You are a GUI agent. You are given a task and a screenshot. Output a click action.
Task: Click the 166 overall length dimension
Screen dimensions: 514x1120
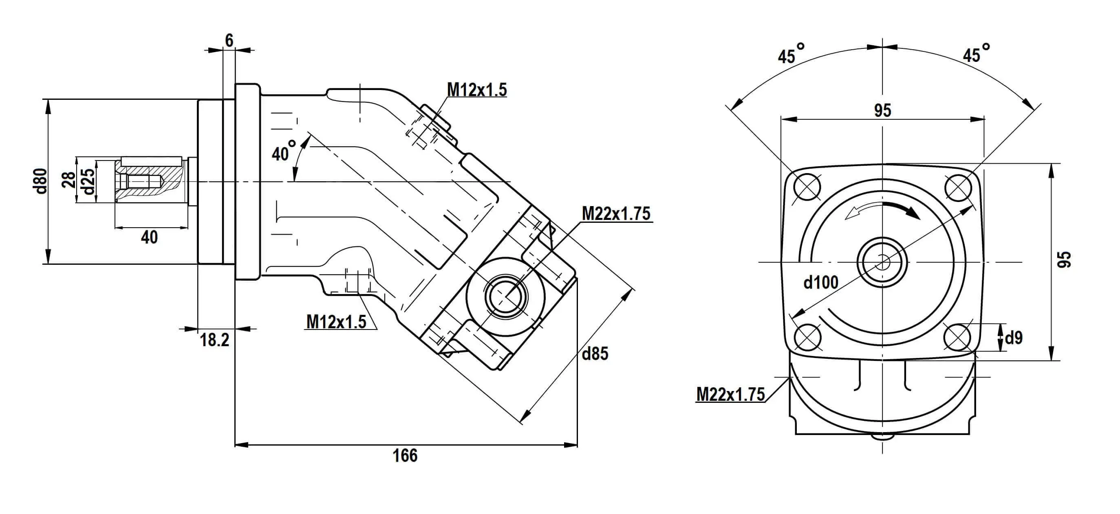pyautogui.click(x=405, y=456)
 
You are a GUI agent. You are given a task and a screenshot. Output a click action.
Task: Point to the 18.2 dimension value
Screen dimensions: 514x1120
pyautogui.click(x=214, y=340)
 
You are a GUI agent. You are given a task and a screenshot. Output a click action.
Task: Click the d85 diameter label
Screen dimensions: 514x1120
pyautogui.click(x=595, y=354)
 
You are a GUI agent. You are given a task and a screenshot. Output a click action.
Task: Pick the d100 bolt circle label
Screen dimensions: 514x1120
pyautogui.click(x=820, y=283)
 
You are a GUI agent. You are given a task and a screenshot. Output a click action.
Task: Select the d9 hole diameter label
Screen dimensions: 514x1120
pyautogui.click(x=1014, y=338)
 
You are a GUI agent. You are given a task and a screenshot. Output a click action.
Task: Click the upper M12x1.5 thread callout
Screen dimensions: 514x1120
pyautogui.click(x=476, y=90)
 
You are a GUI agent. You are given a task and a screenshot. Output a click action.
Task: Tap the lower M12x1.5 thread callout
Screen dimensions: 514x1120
pyautogui.click(x=336, y=322)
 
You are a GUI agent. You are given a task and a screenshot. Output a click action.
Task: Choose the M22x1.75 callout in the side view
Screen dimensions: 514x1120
pyautogui.click(x=616, y=214)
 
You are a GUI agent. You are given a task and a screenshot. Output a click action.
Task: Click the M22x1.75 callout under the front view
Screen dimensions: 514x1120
pyautogui.click(x=730, y=395)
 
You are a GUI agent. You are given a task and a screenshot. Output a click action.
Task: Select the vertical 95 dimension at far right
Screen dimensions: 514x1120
pyautogui.click(x=1064, y=259)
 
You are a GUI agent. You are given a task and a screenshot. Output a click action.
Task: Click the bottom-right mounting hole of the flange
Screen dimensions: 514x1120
pyautogui.click(x=958, y=337)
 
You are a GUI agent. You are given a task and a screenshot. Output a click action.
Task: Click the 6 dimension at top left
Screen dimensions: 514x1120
pyautogui.click(x=229, y=40)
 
